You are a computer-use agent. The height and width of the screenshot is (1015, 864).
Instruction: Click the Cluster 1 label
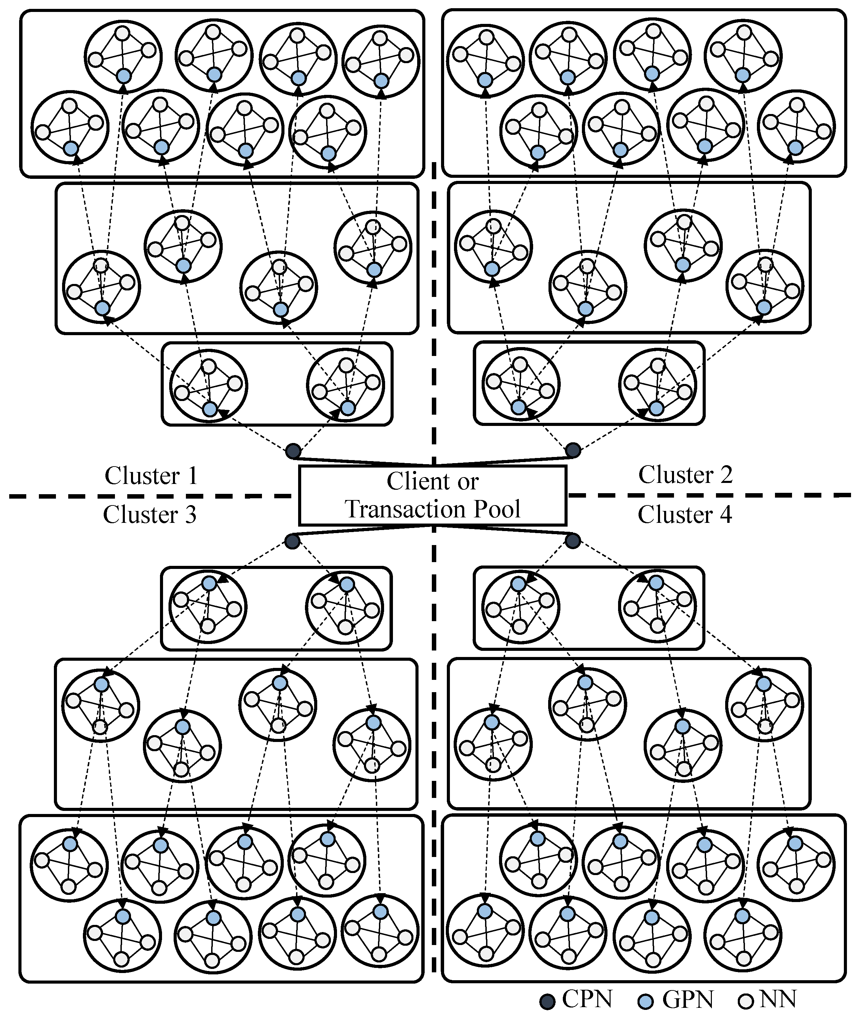(x=151, y=476)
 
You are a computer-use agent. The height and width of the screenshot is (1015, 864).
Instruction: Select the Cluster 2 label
(x=685, y=475)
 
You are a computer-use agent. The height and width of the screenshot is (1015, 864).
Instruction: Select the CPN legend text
(x=587, y=998)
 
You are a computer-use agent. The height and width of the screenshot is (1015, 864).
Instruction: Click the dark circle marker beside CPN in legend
(x=547, y=1002)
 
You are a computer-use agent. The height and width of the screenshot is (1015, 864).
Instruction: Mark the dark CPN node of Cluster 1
(x=293, y=451)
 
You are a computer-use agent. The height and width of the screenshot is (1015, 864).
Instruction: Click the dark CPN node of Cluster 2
(x=573, y=450)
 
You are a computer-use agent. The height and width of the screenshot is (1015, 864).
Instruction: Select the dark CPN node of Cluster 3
(x=292, y=541)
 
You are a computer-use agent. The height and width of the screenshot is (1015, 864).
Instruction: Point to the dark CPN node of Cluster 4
(x=573, y=541)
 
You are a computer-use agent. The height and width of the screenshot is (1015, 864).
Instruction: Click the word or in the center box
(x=468, y=482)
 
